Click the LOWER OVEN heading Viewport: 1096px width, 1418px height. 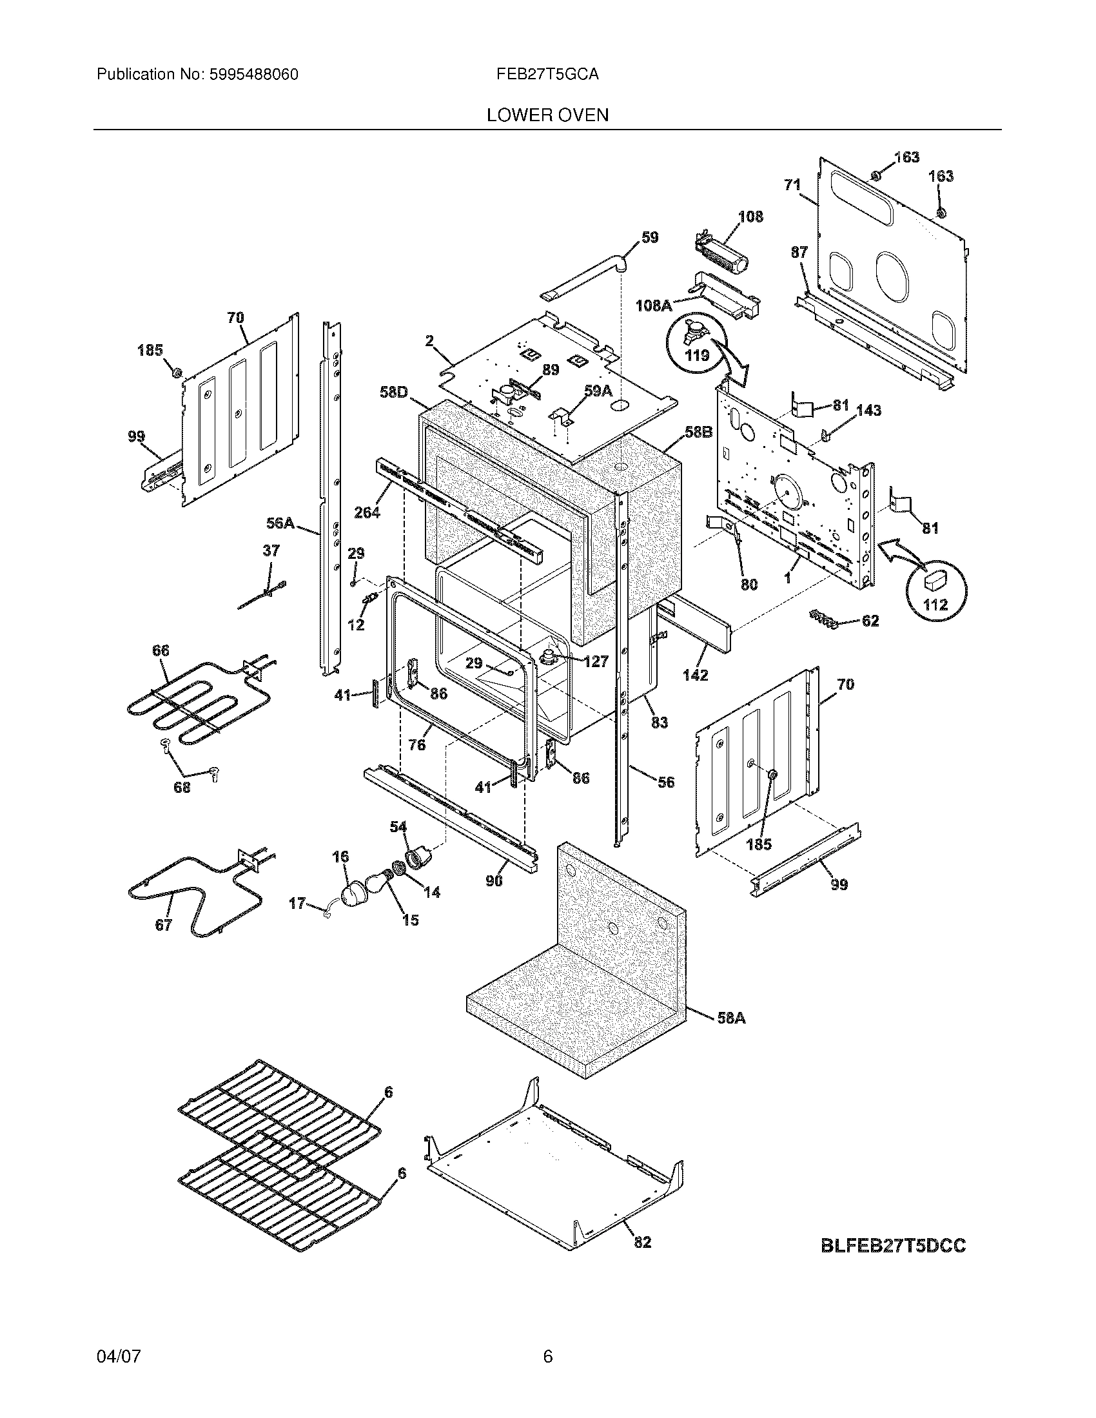(x=547, y=115)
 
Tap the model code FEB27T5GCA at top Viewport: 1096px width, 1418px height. (x=547, y=75)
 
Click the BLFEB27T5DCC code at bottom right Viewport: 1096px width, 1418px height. (x=893, y=1246)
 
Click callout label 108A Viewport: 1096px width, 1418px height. (x=653, y=305)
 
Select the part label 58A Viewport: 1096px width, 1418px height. (x=731, y=1018)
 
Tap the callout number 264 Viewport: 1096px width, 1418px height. (x=367, y=512)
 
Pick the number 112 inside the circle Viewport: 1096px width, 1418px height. (x=935, y=605)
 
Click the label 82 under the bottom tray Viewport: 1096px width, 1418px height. (x=641, y=1242)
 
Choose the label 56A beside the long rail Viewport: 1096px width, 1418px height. (x=280, y=523)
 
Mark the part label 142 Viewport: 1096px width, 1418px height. (x=695, y=675)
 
